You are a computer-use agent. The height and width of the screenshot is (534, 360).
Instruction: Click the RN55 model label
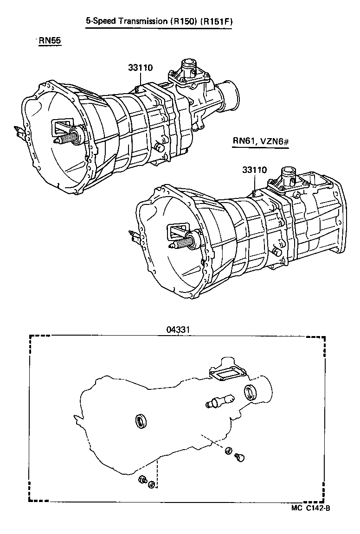[x=50, y=41]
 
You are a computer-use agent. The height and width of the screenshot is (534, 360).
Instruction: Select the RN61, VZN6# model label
[x=261, y=141]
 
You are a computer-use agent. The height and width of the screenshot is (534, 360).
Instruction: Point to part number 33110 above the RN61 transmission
[x=254, y=170]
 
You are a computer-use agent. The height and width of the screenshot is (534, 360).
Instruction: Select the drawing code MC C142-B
[x=310, y=508]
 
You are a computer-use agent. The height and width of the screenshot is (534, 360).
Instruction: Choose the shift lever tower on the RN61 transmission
[x=288, y=176]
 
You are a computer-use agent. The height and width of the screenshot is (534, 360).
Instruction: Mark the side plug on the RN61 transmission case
[x=277, y=252]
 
